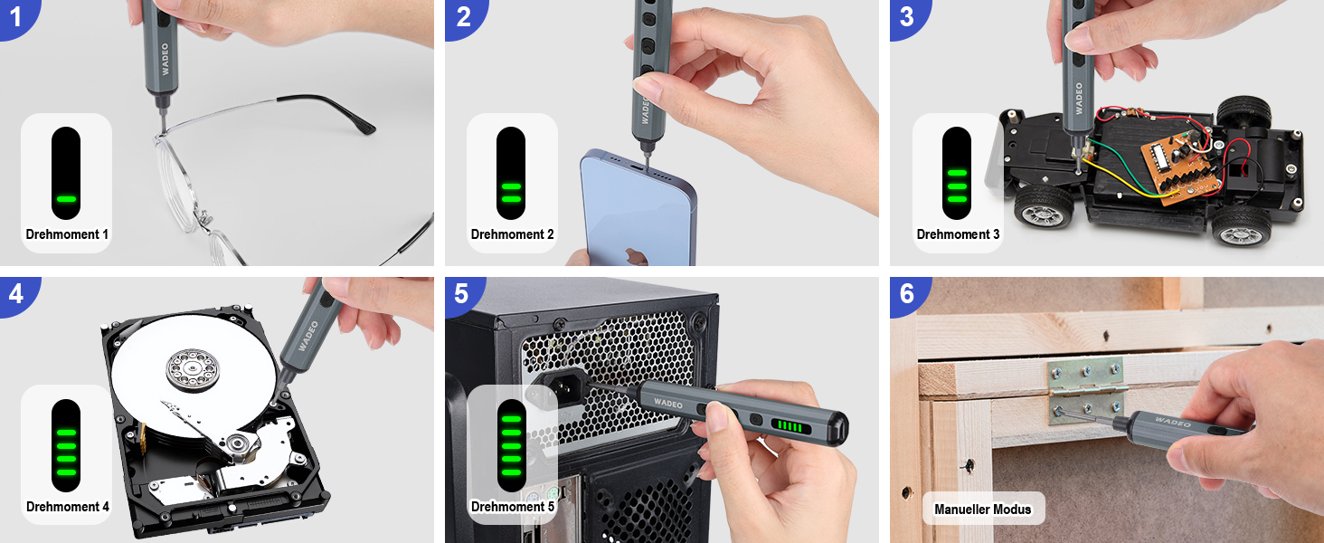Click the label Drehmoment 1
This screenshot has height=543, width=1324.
point(67,234)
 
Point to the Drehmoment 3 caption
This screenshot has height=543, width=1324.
point(958,234)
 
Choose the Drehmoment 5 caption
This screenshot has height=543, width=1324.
point(513,507)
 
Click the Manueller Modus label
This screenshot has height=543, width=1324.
point(982,510)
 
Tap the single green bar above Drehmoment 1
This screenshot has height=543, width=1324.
point(66,199)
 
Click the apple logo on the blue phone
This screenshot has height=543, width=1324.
point(636,256)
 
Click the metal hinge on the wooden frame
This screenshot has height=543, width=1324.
point(1086,390)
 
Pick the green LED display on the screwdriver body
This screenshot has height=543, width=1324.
point(790,426)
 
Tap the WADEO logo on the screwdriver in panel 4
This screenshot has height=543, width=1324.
point(308,336)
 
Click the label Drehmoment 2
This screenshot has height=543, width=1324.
point(512,234)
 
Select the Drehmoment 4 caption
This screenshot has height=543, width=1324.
point(68,507)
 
